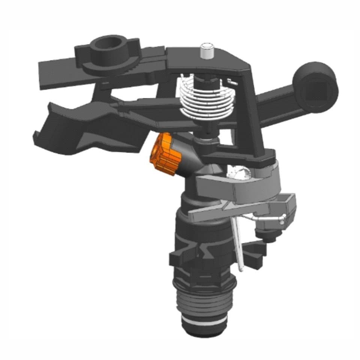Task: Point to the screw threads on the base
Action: (204, 300)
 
